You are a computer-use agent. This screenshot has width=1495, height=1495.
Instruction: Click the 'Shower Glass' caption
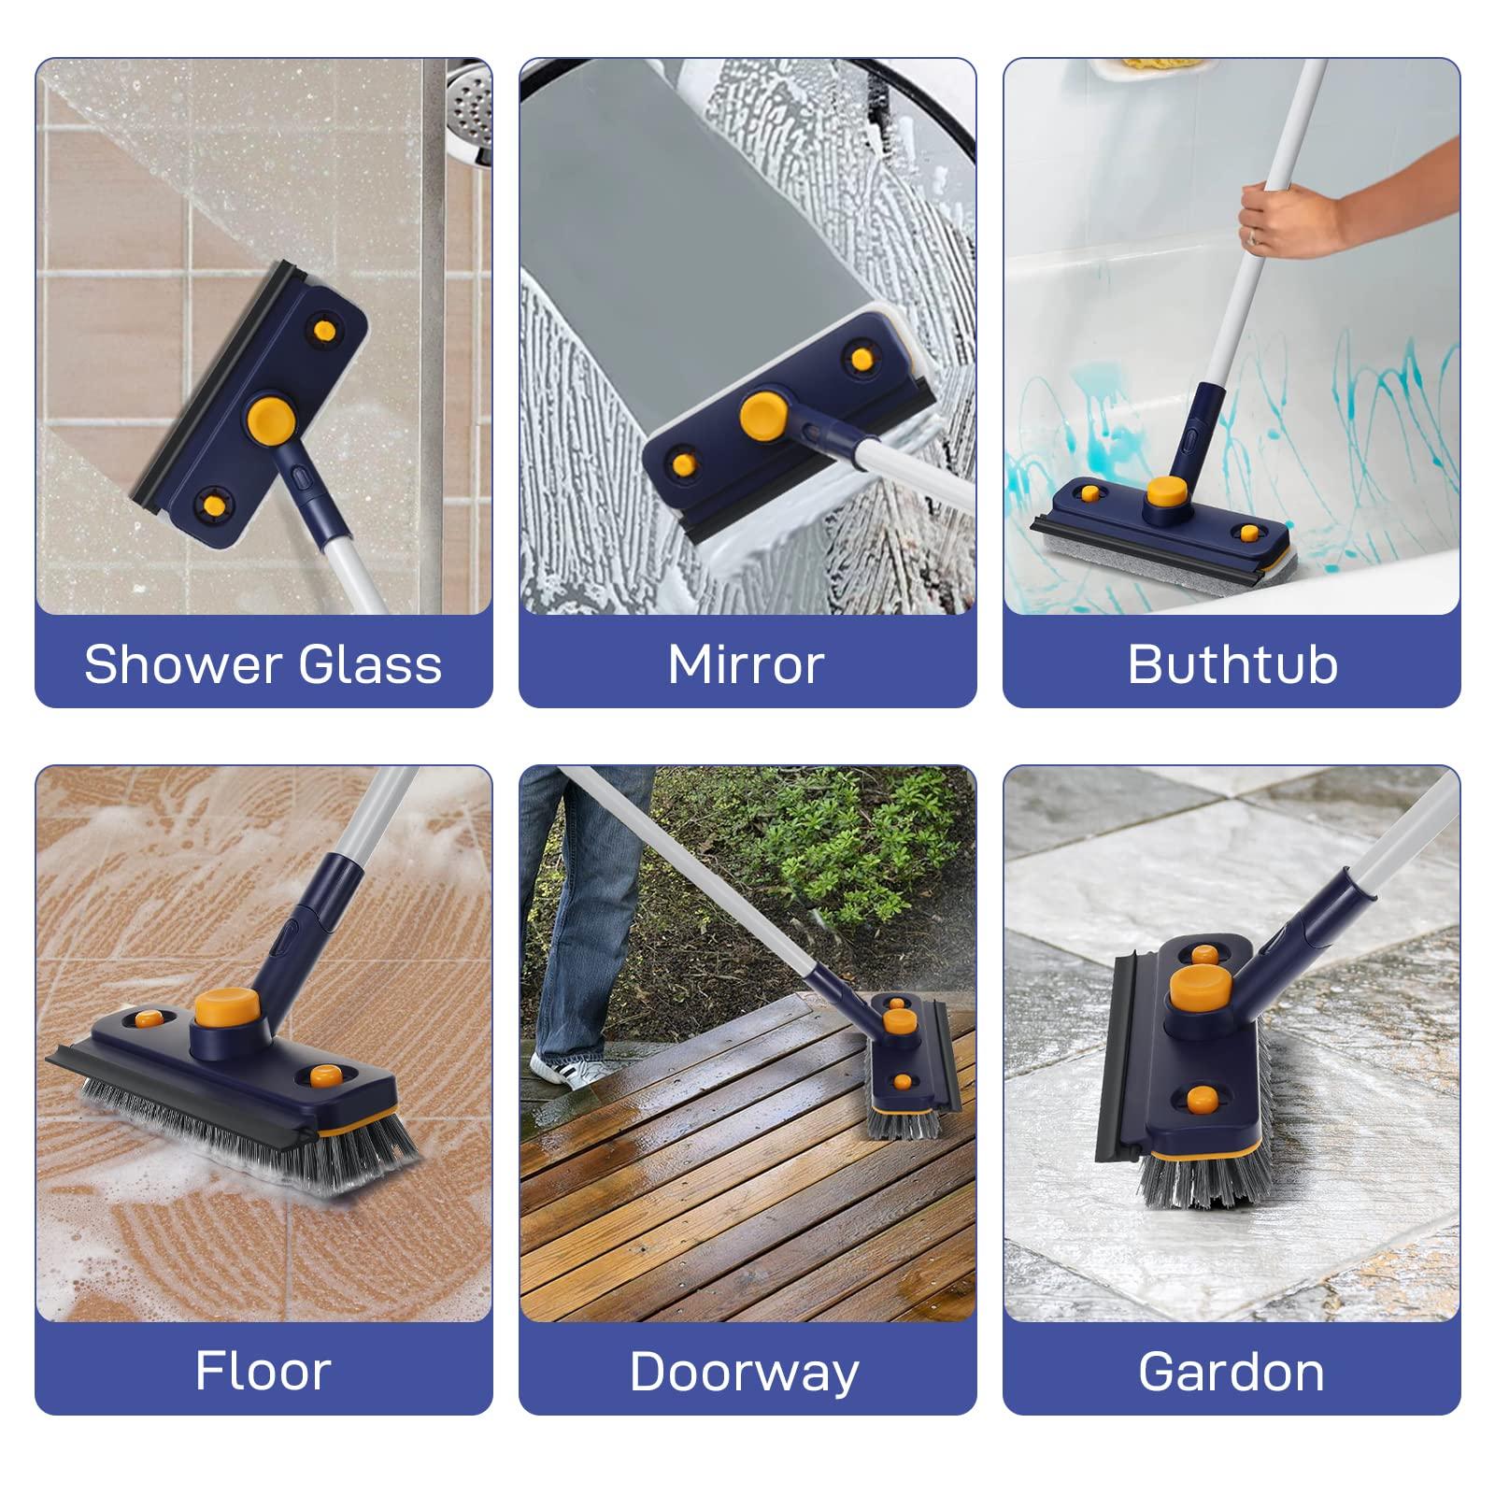pyautogui.click(x=263, y=664)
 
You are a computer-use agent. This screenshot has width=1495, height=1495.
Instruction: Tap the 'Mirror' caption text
pyautogui.click(x=746, y=664)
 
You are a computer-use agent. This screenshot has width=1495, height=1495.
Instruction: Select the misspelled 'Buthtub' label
pyautogui.click(x=1232, y=664)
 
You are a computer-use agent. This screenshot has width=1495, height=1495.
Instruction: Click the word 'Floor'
pyautogui.click(x=263, y=1371)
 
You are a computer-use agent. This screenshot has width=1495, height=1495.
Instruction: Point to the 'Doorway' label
pyautogui.click(x=744, y=1372)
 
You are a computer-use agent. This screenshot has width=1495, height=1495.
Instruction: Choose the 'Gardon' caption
pyautogui.click(x=1232, y=1372)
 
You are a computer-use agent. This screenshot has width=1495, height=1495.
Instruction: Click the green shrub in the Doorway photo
pyautogui.click(x=841, y=841)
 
